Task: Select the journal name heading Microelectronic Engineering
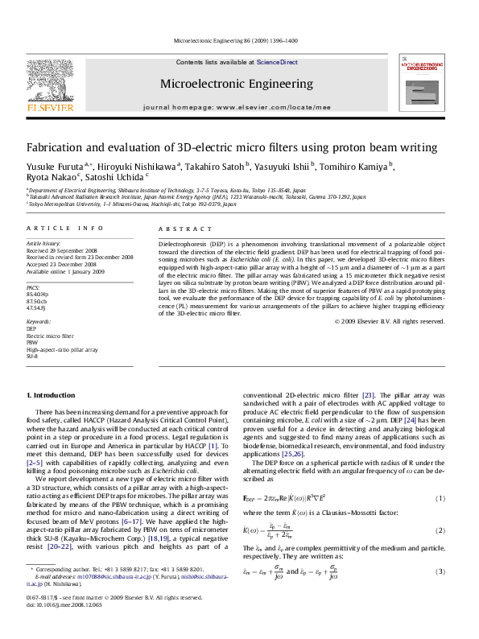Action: coord(237,84)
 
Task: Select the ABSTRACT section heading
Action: coord(179,229)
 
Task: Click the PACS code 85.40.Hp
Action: coord(38,295)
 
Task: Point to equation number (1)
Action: coord(440,498)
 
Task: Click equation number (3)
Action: coord(440,571)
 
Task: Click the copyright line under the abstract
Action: coord(389,321)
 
